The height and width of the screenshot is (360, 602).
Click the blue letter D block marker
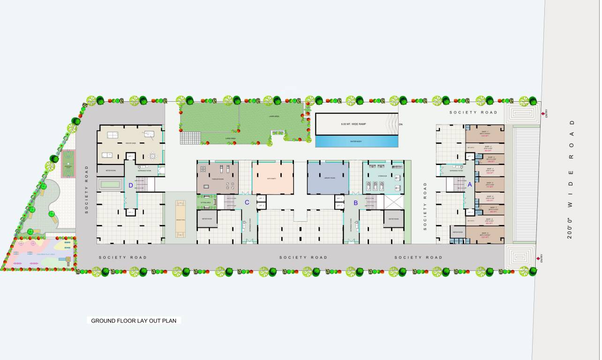(131, 185)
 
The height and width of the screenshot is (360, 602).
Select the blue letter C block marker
(247, 202)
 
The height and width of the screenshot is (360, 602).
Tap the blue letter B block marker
(355, 203)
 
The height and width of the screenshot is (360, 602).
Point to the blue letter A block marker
(469, 185)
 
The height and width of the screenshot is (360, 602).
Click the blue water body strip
(357, 141)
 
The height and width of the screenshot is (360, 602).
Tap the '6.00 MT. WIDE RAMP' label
(357, 124)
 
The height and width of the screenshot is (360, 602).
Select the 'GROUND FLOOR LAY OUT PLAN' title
(134, 321)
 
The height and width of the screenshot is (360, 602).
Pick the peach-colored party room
(273, 179)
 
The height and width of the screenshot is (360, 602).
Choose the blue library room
(328, 178)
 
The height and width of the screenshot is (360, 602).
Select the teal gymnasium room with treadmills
(383, 178)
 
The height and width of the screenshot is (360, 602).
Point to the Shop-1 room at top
(484, 133)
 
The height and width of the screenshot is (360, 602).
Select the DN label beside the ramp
(400, 124)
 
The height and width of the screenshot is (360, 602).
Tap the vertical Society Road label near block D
(87, 189)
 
